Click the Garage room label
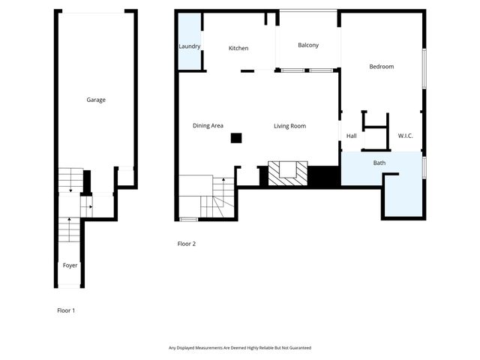pos(95,100)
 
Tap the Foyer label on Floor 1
pos(70,265)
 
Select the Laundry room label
pos(189,46)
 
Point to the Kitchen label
pos(238,49)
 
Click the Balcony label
pos(307,45)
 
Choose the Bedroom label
pos(381,67)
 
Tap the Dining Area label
pos(208,126)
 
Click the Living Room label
pos(289,126)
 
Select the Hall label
pos(351,136)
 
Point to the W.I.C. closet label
pos(405,136)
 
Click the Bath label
pos(379,163)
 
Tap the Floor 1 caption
pos(66,310)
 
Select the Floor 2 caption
pos(186,244)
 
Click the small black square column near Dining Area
pos(236,137)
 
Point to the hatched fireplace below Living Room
pos(287,174)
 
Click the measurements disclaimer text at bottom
pos(239,348)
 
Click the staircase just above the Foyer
pos(69,229)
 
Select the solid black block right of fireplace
pos(324,176)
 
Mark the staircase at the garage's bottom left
pos(70,180)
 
